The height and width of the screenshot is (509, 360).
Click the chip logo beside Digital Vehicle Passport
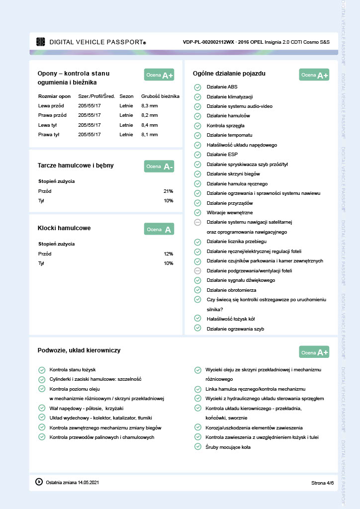coord(41,42)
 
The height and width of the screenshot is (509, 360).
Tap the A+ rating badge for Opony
coord(159,75)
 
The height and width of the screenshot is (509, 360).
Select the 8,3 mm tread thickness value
coord(149,106)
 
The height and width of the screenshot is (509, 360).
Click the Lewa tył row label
coord(49,125)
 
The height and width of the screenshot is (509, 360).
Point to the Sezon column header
coord(126,96)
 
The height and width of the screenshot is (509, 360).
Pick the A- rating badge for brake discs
coord(159,167)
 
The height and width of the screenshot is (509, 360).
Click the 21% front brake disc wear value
coord(168,191)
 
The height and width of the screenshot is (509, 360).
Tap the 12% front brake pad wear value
coord(168,254)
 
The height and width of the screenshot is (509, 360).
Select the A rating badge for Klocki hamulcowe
coord(159,229)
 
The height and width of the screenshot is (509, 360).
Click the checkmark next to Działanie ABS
coord(197,87)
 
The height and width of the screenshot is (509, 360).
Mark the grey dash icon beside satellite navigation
coord(197,222)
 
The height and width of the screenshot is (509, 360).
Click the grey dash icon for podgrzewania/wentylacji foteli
coord(197,270)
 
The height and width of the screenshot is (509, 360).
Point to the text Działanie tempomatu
coord(229,135)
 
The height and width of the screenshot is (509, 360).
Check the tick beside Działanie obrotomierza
coord(197,290)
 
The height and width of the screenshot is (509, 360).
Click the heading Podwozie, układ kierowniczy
coord(79,350)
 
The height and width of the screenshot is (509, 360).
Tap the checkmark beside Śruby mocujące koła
coord(197,447)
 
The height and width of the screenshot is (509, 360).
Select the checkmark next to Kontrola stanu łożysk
coord(42,369)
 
